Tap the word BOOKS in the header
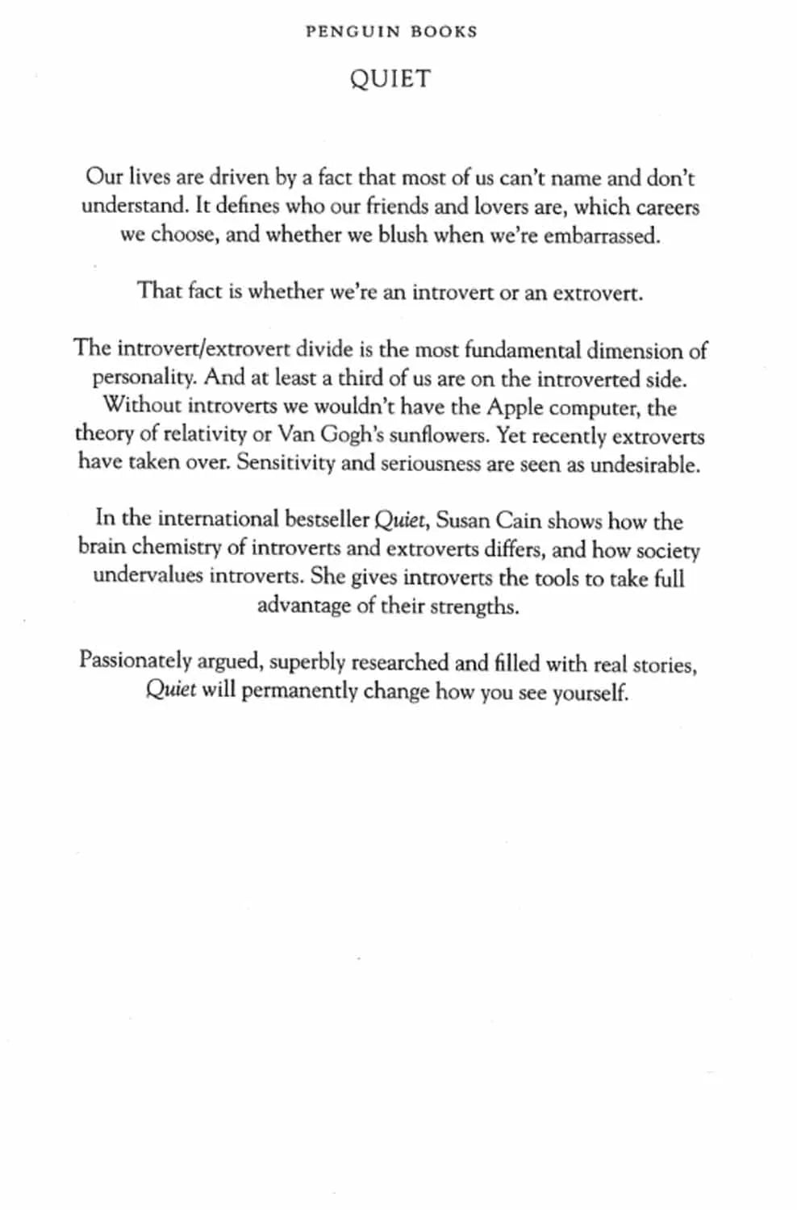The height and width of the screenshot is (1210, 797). click(x=444, y=32)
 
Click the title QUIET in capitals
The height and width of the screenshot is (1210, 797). click(x=390, y=79)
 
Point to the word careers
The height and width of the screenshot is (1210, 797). click(x=666, y=207)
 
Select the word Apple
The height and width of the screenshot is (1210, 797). click(x=514, y=407)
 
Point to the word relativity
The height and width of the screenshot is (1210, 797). click(x=205, y=435)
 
